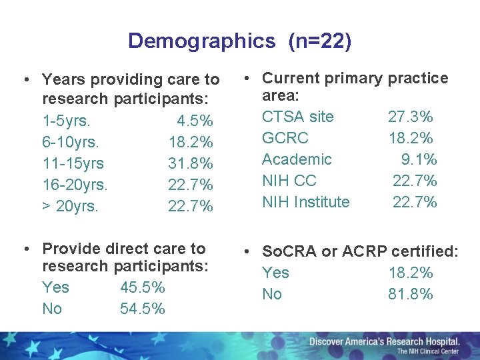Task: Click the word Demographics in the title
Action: coord(201,41)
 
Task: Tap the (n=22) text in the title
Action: coord(319,41)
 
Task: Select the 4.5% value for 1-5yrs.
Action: coord(195,121)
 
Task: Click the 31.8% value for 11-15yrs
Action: coord(191,163)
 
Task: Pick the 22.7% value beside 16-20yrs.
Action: coord(191,185)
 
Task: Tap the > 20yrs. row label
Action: coord(70,206)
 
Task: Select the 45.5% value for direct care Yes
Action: coord(143,287)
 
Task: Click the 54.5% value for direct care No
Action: coord(143,309)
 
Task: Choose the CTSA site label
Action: coord(297,117)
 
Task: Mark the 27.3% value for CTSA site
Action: coord(411,117)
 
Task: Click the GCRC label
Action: coord(285,138)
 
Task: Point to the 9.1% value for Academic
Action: coord(419,159)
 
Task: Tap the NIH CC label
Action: coord(289,181)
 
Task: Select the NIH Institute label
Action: coord(305,202)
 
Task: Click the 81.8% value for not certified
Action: coord(411,294)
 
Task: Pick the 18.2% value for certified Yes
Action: coord(411,273)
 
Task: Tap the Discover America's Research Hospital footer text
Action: coord(384,341)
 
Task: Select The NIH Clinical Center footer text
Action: coord(427,351)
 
